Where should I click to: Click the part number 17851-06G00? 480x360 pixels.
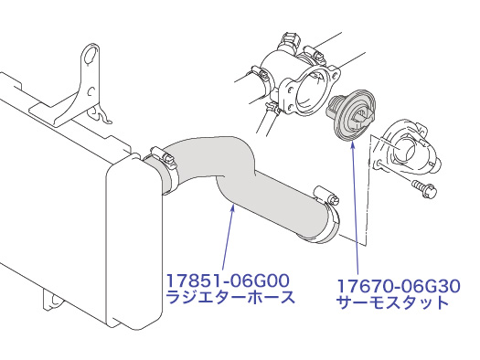click(228, 281)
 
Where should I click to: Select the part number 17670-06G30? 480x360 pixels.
click(399, 286)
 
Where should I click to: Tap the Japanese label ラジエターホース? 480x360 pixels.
click(230, 297)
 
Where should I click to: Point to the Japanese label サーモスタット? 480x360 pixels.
click(392, 302)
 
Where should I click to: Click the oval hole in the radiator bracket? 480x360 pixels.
click(91, 57)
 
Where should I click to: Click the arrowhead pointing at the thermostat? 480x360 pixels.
click(353, 144)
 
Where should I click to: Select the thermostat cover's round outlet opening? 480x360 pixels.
click(403, 150)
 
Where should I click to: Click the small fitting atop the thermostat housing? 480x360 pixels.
click(290, 40)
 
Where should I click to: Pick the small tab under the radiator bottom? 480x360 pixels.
click(53, 301)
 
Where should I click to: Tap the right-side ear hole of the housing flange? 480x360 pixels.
click(335, 74)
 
